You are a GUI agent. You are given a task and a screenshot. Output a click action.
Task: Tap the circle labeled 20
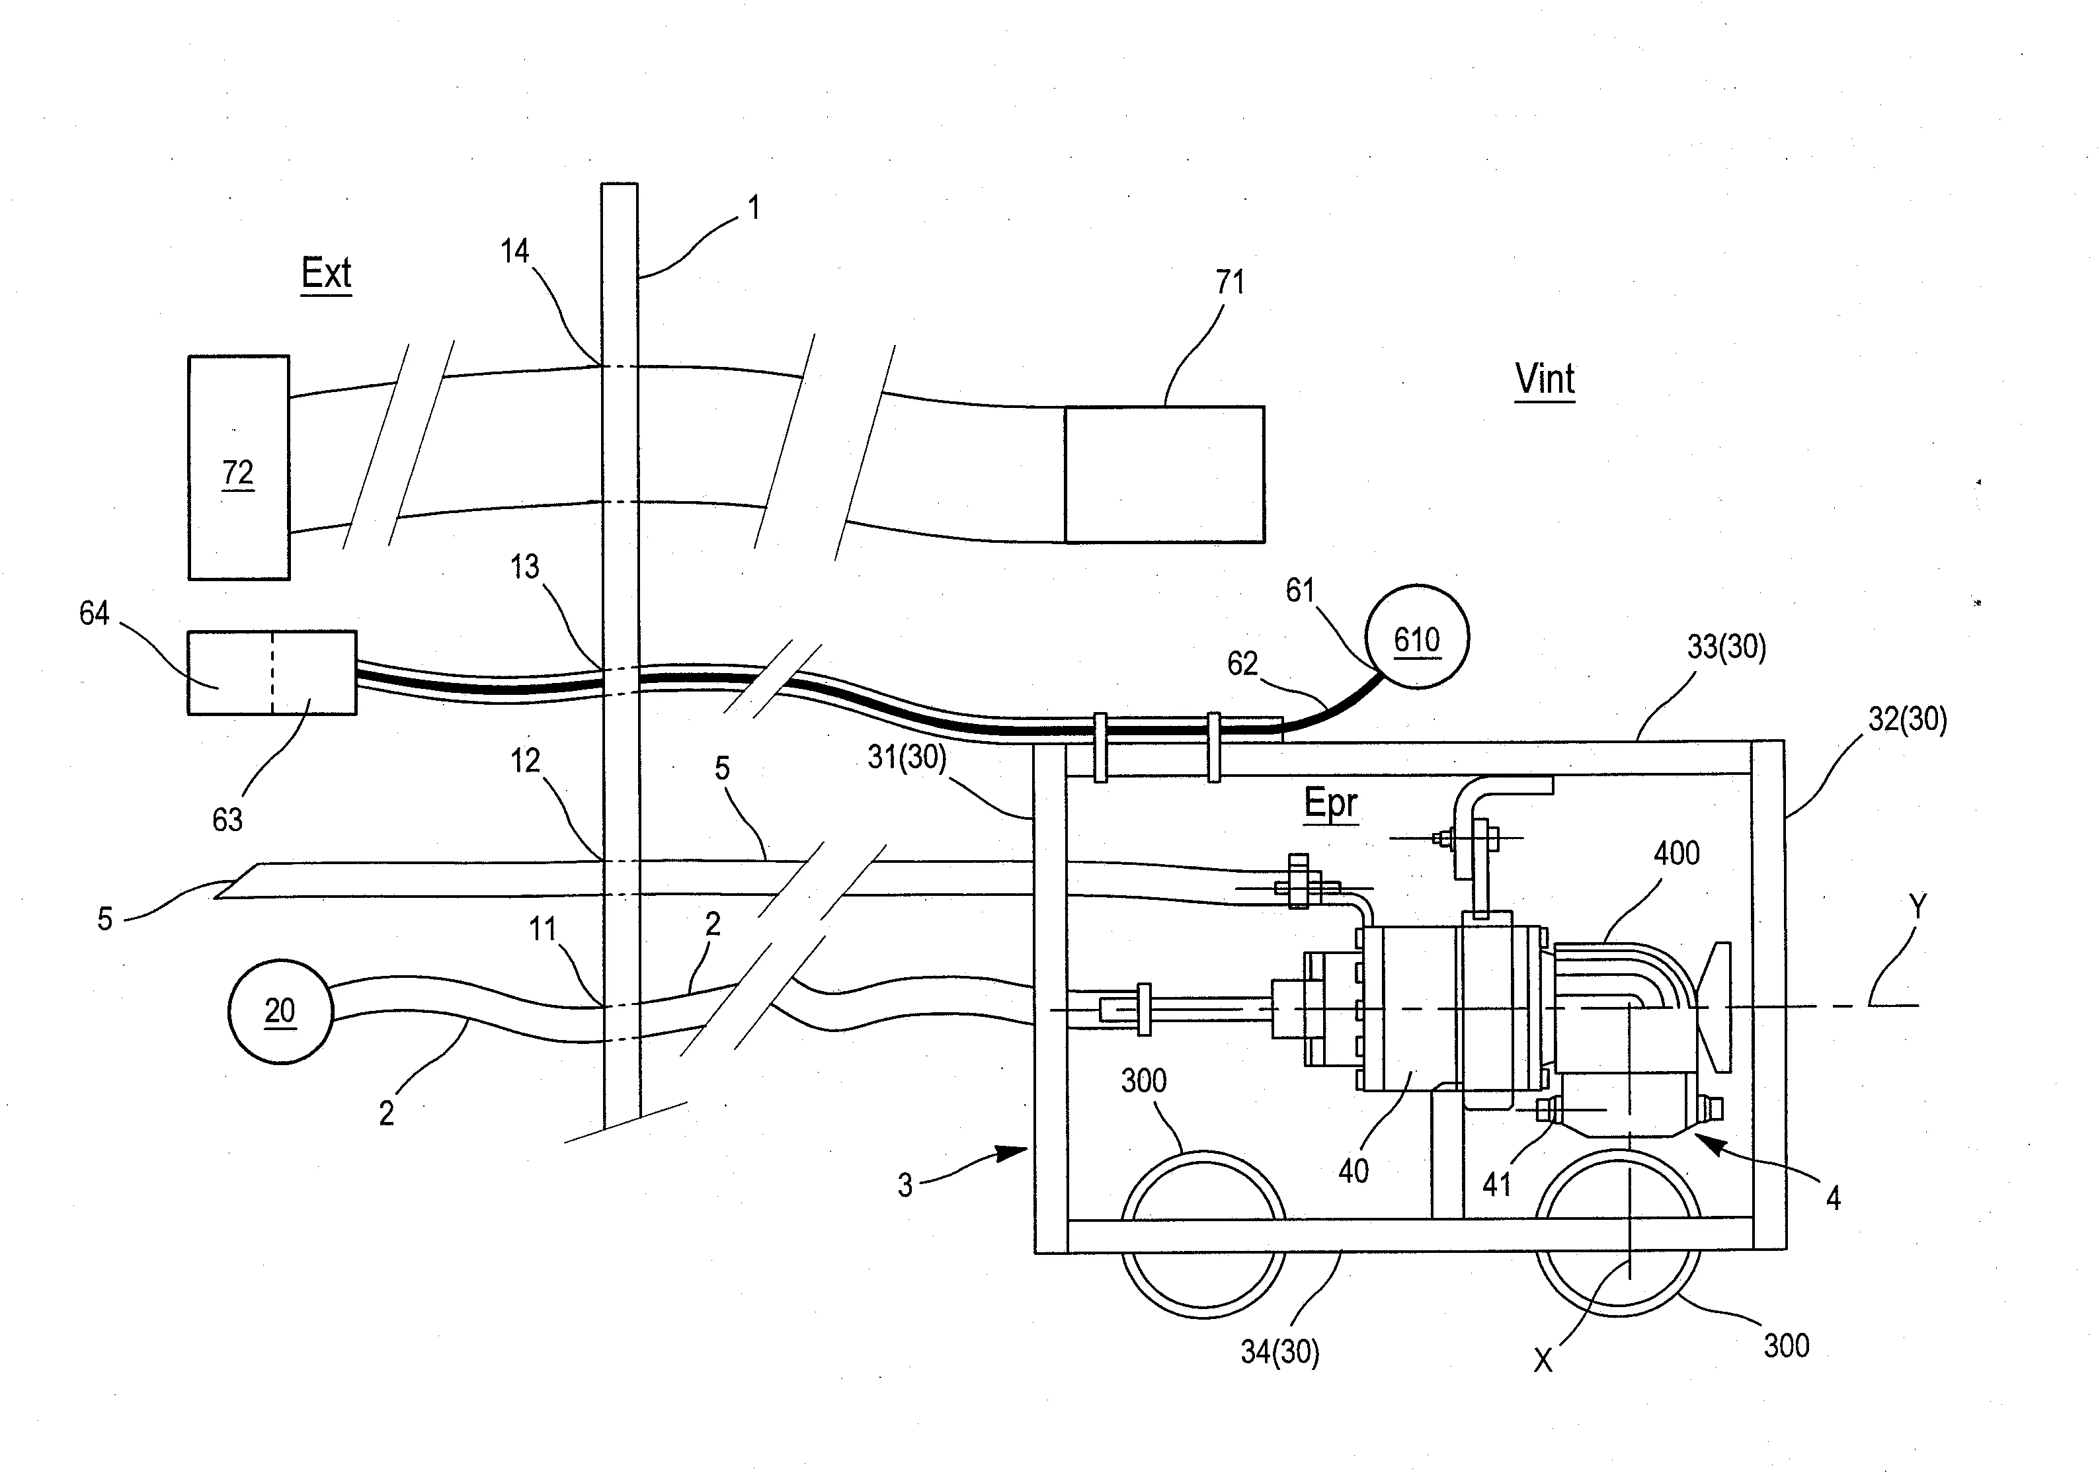point(280,1011)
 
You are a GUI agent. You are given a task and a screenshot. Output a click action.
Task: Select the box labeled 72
point(239,467)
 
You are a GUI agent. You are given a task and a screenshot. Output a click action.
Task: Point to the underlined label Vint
point(1545,379)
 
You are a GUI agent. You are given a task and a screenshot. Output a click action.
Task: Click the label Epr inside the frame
point(1331,803)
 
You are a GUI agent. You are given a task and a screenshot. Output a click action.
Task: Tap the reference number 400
point(1677,854)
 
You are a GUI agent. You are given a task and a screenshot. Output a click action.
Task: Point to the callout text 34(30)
point(1279,1351)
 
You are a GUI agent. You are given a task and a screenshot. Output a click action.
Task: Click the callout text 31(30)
point(907,758)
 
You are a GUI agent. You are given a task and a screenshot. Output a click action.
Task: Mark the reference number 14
point(515,251)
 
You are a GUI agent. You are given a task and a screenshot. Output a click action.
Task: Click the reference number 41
point(1496,1185)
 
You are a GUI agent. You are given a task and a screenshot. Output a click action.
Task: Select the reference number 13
point(524,567)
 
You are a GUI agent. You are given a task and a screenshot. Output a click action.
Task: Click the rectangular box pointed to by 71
point(1164,475)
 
